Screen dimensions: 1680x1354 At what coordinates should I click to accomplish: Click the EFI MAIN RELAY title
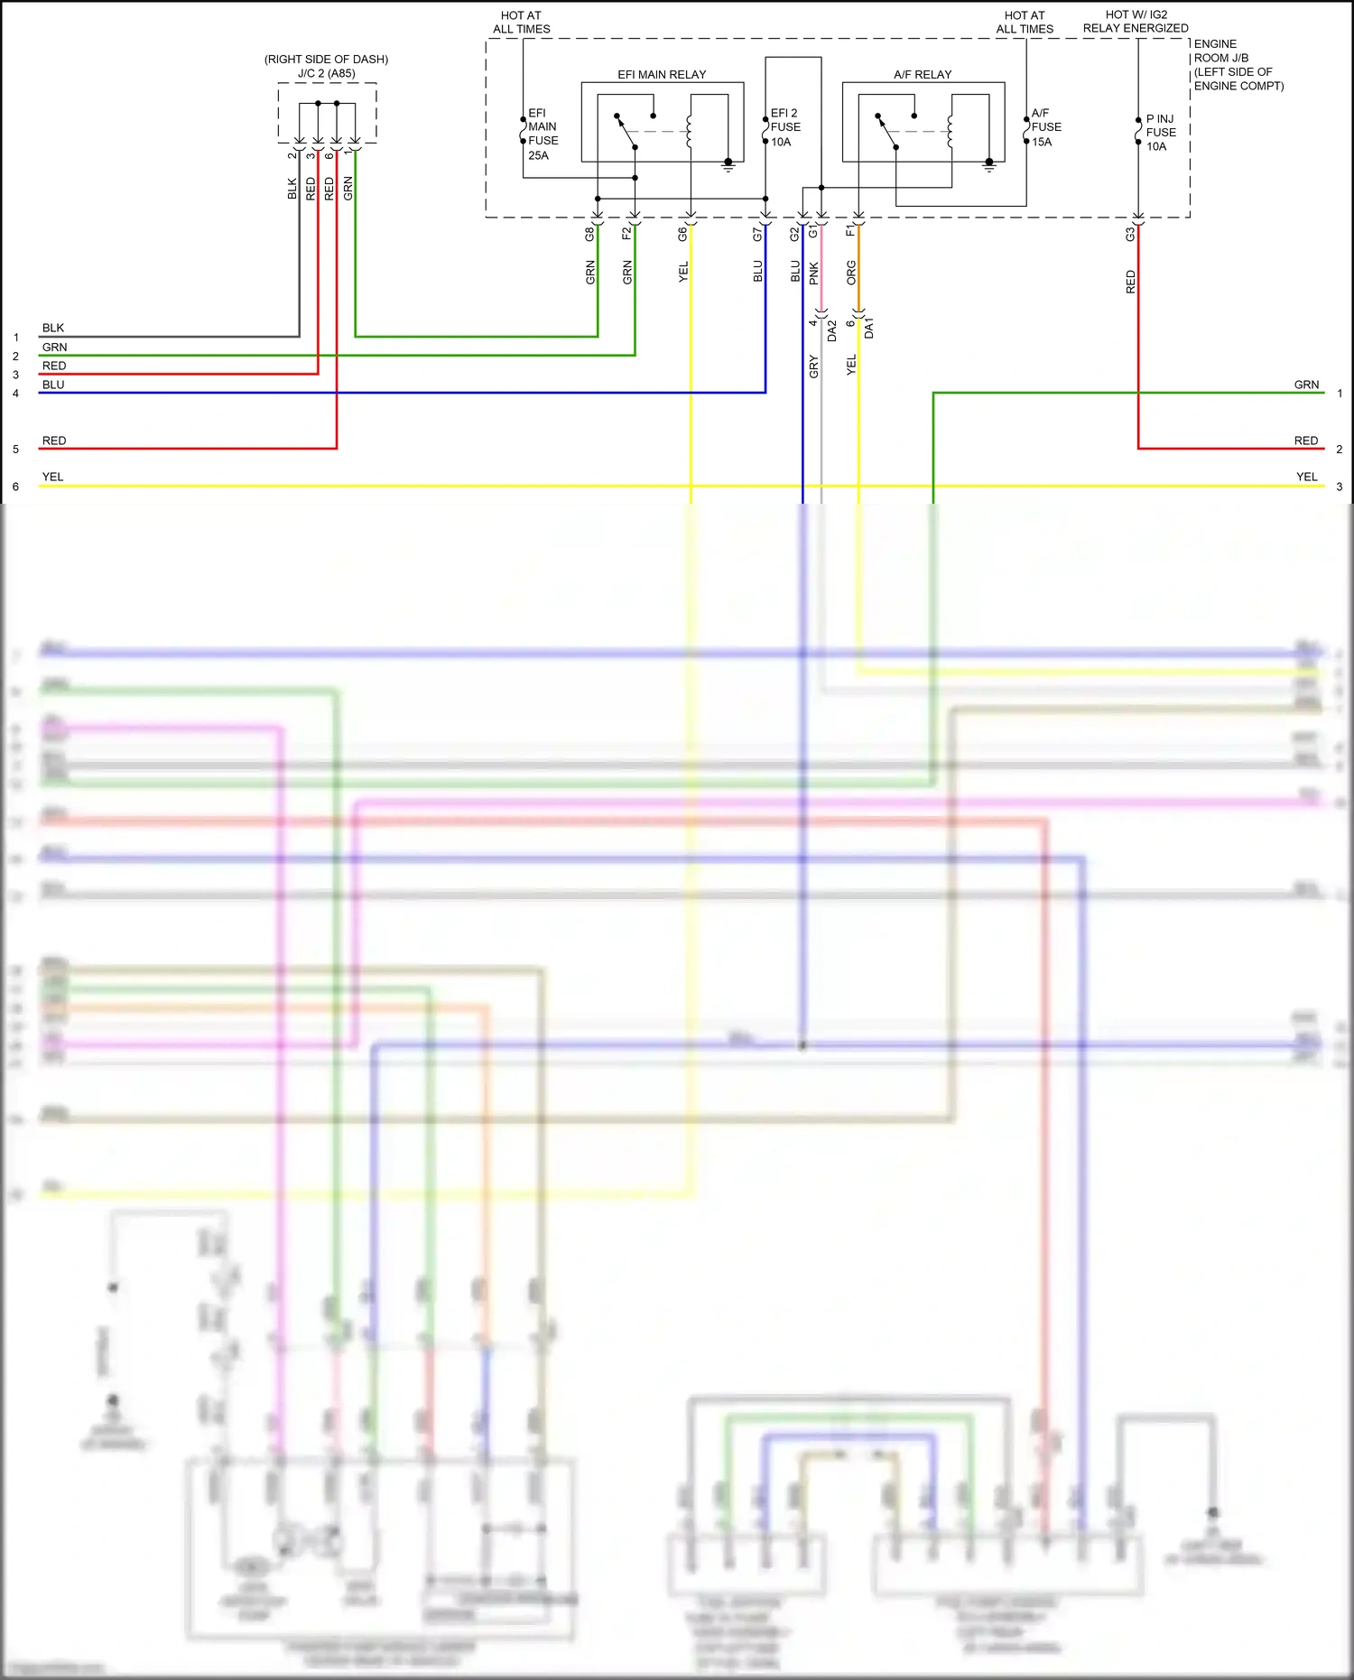point(662,75)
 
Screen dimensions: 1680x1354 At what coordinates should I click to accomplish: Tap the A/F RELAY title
point(923,75)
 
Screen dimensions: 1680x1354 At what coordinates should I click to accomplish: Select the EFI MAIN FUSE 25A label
point(543,134)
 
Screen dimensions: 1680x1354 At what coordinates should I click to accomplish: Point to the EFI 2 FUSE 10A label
point(784,127)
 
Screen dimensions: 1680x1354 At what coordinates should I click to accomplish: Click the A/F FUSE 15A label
point(1045,127)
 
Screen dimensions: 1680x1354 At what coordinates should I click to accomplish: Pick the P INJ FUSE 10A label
point(1160,133)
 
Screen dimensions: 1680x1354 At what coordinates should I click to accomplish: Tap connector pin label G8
point(589,234)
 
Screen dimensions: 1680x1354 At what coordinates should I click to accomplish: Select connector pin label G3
point(1129,234)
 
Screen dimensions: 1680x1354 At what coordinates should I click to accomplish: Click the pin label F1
point(849,232)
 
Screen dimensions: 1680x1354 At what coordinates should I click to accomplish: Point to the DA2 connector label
point(832,330)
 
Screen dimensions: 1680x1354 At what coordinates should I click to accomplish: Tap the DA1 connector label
point(869,328)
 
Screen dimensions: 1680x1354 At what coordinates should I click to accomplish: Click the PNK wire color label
point(813,274)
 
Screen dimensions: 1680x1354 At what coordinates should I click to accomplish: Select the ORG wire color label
point(850,274)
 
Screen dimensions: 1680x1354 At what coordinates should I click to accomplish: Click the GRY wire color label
point(813,367)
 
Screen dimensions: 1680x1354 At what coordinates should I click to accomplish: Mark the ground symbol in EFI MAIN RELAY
point(728,165)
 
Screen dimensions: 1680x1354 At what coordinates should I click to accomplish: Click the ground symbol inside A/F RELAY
point(988,165)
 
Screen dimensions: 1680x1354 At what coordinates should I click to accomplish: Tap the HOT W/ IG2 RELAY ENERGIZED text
point(1136,22)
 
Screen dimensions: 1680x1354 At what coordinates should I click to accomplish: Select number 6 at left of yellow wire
point(15,487)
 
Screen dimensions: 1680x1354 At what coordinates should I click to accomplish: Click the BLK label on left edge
point(52,328)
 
